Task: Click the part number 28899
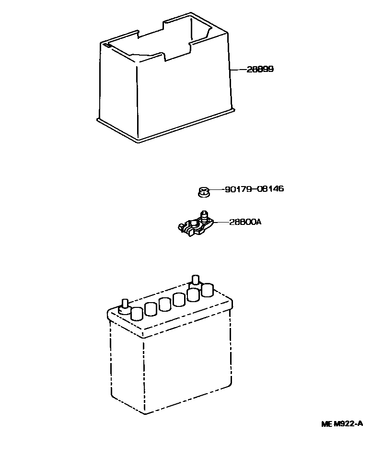tap(260, 70)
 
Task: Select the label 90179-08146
tap(254, 189)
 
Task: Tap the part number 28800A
tap(244, 222)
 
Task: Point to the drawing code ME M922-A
tap(342, 423)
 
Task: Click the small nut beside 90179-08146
tap(203, 192)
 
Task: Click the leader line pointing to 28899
tap(238, 70)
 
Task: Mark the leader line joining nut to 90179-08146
tap(217, 189)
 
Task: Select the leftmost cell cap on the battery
tap(137, 314)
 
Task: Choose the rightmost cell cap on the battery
tap(208, 290)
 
